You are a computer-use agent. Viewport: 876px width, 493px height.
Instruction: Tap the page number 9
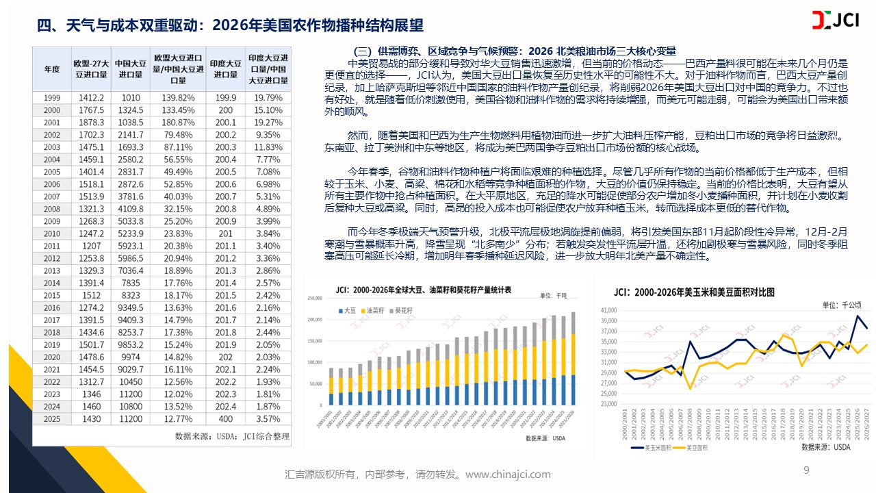pos(806,470)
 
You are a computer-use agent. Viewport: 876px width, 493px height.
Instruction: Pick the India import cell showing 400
pos(225,418)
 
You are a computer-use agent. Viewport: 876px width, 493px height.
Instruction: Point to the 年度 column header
pos(51,69)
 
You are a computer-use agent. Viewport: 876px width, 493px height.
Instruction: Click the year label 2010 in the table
pos(52,233)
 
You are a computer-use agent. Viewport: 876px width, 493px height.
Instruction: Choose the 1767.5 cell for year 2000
pos(91,110)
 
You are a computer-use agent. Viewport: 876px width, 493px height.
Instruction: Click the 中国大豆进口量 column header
pos(129,69)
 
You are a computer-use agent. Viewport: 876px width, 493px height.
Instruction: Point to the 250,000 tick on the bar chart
pos(316,298)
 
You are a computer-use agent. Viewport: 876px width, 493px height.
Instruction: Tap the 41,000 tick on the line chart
pos(608,309)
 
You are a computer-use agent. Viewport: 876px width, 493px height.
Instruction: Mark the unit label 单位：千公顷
pos(842,305)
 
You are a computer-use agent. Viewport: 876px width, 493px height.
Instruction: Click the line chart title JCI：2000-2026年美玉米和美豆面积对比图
pos(694,292)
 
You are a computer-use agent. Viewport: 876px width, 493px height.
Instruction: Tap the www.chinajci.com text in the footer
pos(508,474)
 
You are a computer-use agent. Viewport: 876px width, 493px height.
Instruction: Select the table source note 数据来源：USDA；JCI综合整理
pos(231,435)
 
